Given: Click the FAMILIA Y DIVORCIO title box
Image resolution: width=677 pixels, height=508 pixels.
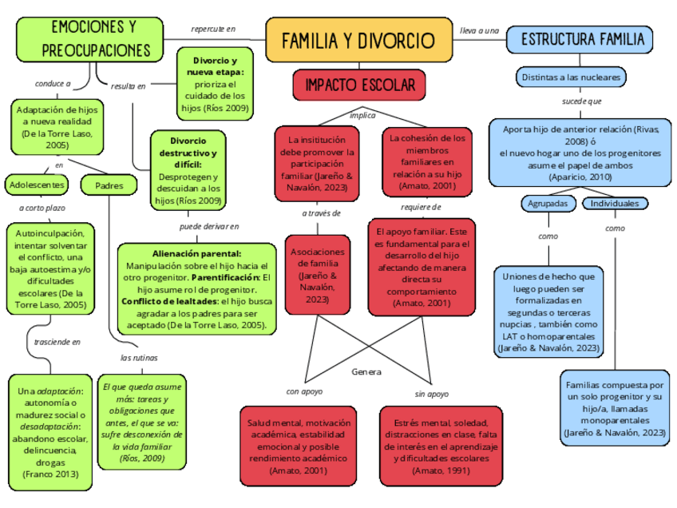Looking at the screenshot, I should point(358,40).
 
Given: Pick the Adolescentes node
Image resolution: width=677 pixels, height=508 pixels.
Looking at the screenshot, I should point(35,185).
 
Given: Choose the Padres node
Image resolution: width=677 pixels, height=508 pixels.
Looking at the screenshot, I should point(109,185).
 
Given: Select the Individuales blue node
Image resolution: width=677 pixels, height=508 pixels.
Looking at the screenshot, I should point(615,204).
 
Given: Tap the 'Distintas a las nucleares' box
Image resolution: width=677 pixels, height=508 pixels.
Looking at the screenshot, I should point(570,77).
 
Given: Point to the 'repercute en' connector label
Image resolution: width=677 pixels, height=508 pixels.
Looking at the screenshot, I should point(213,30).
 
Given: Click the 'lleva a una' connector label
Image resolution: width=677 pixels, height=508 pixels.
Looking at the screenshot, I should point(480,30).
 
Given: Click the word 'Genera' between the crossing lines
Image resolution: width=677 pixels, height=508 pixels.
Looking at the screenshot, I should point(366,372).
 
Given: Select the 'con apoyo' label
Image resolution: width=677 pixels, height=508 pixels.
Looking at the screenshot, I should point(304,393).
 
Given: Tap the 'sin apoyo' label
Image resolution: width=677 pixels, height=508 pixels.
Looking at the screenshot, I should point(431,394).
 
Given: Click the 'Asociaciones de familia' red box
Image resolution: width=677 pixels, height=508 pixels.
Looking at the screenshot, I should point(317,275).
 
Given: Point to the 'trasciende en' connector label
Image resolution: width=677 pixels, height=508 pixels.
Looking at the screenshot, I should point(57,342).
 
